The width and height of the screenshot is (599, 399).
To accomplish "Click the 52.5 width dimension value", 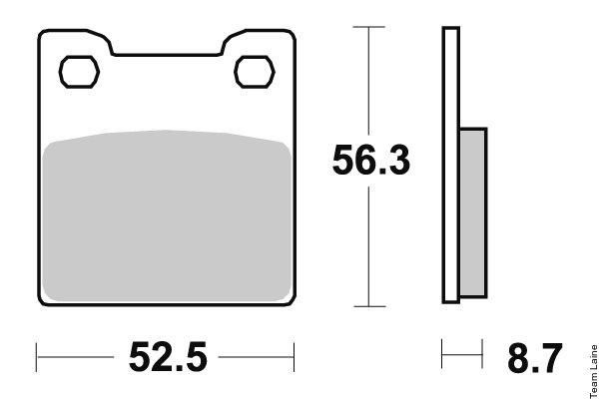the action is [x=168, y=357].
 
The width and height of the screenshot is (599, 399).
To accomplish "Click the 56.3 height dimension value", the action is [x=371, y=160].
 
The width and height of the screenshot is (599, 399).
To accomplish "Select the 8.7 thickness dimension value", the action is [x=534, y=358].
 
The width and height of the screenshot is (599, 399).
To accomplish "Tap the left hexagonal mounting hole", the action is [x=79, y=72].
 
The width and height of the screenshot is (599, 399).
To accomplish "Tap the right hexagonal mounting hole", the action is [x=255, y=72].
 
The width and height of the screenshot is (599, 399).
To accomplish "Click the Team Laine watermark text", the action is [x=594, y=371].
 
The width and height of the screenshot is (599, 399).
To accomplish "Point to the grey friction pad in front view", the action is [x=167, y=215].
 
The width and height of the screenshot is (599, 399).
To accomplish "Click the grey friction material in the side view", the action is [x=472, y=212].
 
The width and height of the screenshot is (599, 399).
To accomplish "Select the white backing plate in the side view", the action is [x=451, y=165].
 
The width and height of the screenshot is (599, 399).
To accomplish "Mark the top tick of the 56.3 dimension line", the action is [x=369, y=27].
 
